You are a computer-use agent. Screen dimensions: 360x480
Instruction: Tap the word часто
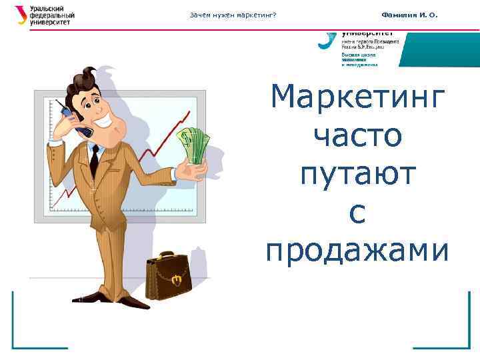click(357, 137)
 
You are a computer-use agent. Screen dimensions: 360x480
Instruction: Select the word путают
click(357, 175)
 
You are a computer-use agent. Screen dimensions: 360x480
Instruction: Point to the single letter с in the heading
click(357, 213)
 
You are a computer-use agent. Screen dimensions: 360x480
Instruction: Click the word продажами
click(357, 251)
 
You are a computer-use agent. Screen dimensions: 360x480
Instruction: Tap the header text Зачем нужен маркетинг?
click(233, 15)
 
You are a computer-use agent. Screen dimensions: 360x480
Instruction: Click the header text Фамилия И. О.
click(409, 15)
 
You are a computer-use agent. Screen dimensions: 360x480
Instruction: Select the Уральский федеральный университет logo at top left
click(44, 15)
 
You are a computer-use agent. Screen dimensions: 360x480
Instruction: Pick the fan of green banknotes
click(194, 145)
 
